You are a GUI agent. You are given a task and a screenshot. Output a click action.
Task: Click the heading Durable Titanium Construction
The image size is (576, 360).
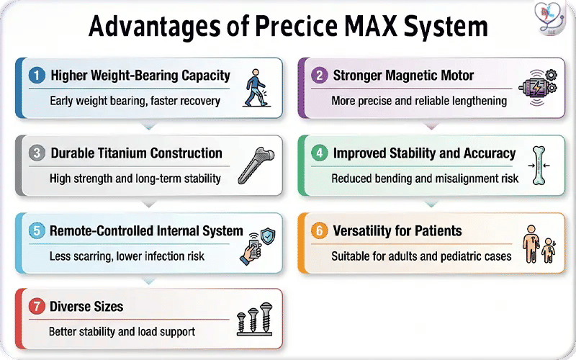(136, 153)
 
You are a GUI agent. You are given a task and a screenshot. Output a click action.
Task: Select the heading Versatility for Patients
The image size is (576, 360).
(397, 231)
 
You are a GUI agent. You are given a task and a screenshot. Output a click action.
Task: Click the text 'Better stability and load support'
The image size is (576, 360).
(122, 333)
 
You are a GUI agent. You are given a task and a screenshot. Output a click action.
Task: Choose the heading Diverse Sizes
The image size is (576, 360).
(86, 307)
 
